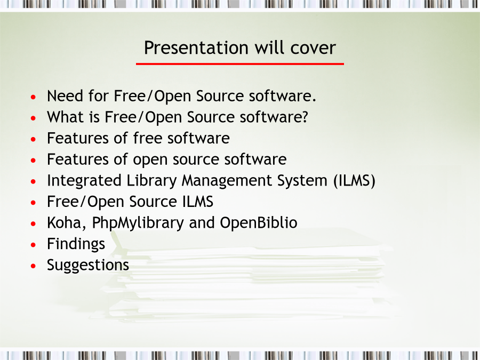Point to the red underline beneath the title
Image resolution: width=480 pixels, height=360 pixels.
[x=240, y=63]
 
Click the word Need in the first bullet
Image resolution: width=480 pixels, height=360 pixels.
[x=65, y=96]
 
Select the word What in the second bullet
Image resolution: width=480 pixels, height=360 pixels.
[x=65, y=117]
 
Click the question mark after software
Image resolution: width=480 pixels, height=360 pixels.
[x=305, y=117]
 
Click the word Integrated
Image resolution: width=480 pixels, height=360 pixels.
[x=84, y=181]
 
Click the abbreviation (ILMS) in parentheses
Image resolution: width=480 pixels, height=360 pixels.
[x=355, y=181]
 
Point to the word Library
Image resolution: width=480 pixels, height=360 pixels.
[x=151, y=181]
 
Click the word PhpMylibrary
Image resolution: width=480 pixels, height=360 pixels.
[x=138, y=223]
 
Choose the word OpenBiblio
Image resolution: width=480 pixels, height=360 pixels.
[x=258, y=223]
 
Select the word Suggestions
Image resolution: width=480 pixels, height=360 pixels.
[x=88, y=266]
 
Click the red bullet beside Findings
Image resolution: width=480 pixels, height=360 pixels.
[x=34, y=245]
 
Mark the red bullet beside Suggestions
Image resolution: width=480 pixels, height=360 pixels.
[x=34, y=266]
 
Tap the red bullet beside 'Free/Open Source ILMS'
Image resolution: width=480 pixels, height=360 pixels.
[x=34, y=202]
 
